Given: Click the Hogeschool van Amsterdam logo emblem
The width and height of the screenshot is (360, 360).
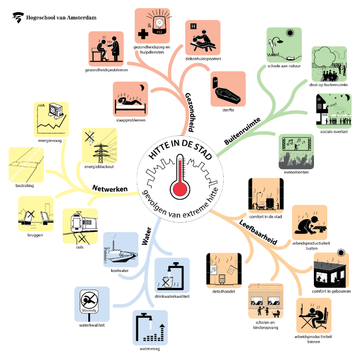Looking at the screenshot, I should pyautogui.click(x=18, y=18).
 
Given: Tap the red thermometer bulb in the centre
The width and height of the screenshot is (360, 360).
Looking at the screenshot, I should pyautogui.click(x=180, y=189).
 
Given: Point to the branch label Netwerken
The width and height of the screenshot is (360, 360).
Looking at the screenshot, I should pyautogui.click(x=111, y=189).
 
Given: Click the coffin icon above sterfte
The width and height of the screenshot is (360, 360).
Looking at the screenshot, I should pyautogui.click(x=228, y=89).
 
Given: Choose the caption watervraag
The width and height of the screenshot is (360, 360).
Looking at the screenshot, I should pyautogui.click(x=150, y=349).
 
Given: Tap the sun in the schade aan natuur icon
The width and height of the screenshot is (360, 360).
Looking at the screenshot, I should pyautogui.click(x=289, y=33).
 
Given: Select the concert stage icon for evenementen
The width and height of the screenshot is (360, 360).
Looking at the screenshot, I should pyautogui.click(x=295, y=151).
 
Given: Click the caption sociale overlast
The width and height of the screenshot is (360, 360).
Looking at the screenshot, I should pyautogui.click(x=334, y=132).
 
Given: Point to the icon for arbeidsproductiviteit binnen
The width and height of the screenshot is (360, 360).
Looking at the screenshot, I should pyautogui.click(x=314, y=315).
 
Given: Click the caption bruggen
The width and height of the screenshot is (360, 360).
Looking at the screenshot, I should pyautogui.click(x=35, y=235).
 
